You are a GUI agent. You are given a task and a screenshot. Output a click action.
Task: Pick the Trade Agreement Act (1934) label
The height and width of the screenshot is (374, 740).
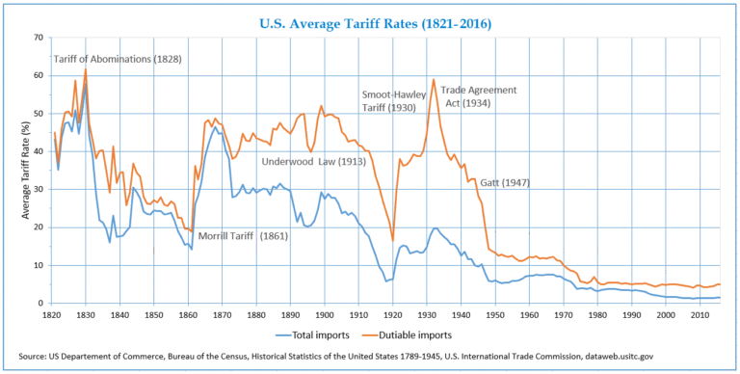(x=479, y=97)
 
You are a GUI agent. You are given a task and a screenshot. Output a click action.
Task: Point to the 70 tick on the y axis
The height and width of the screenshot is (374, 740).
(x=39, y=38)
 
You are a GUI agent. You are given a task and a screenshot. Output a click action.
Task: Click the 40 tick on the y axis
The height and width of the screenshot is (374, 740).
(x=39, y=151)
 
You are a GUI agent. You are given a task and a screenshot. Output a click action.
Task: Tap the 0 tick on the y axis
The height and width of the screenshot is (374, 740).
(x=41, y=304)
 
